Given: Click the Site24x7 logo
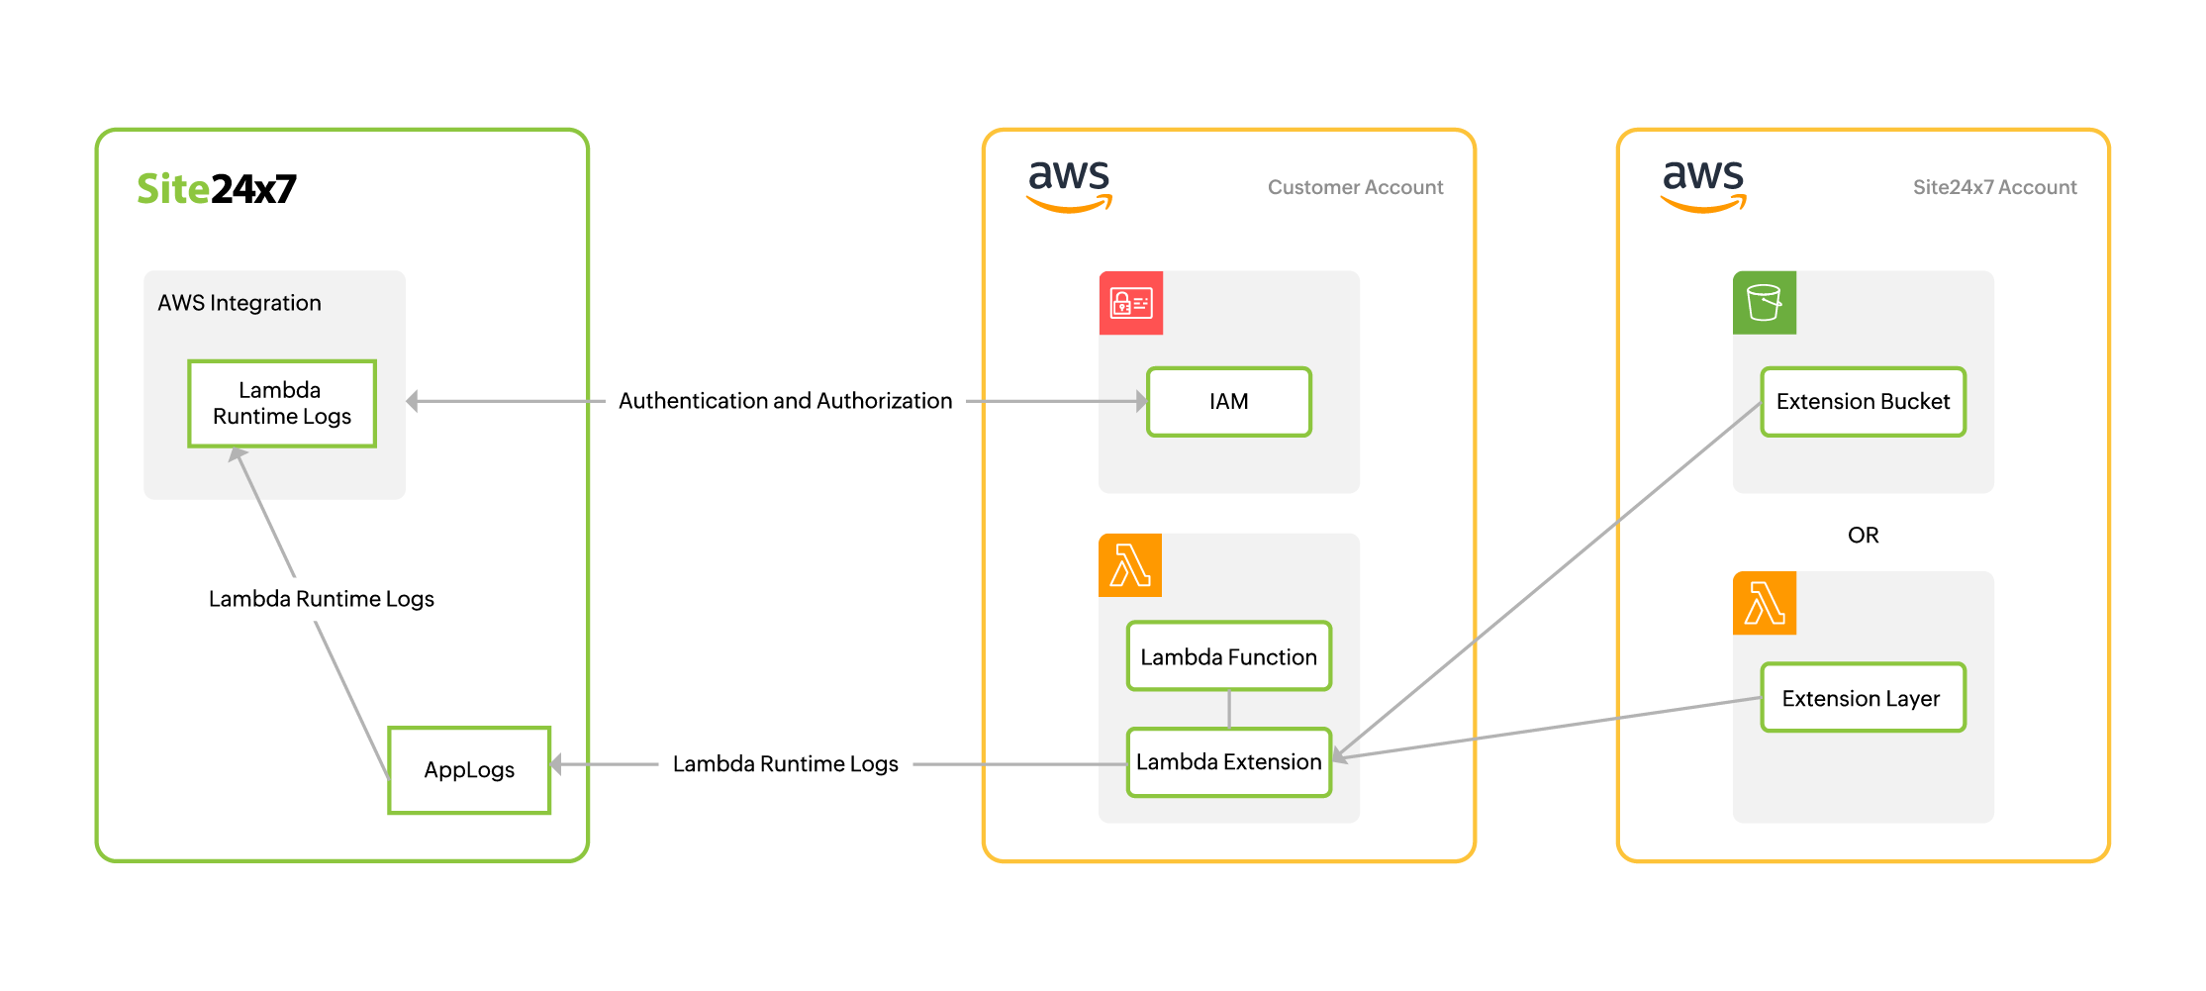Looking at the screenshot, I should [216, 188].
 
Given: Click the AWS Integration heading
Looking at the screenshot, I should [239, 303].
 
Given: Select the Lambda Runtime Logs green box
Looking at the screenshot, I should [281, 403].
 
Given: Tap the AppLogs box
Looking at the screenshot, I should [469, 770].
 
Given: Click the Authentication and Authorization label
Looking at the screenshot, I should [785, 401].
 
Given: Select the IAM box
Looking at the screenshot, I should [1228, 402].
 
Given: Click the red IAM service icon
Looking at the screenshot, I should [1130, 303].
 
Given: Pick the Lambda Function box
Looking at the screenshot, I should [1228, 656].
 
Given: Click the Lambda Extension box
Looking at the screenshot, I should [1228, 762].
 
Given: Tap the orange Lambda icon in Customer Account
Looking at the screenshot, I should [1130, 566].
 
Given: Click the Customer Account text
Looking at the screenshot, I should [1355, 187].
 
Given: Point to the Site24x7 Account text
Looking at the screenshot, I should [1994, 187].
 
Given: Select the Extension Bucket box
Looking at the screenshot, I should [1863, 402].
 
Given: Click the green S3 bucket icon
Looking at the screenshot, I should [1764, 303].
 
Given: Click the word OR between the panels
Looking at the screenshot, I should [1863, 536].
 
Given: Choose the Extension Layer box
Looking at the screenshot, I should [1862, 698].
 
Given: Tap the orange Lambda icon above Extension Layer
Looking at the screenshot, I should [1764, 603].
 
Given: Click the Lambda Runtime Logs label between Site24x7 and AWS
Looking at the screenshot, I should [785, 764].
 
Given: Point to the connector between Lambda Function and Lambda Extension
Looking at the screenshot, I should [1228, 709].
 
